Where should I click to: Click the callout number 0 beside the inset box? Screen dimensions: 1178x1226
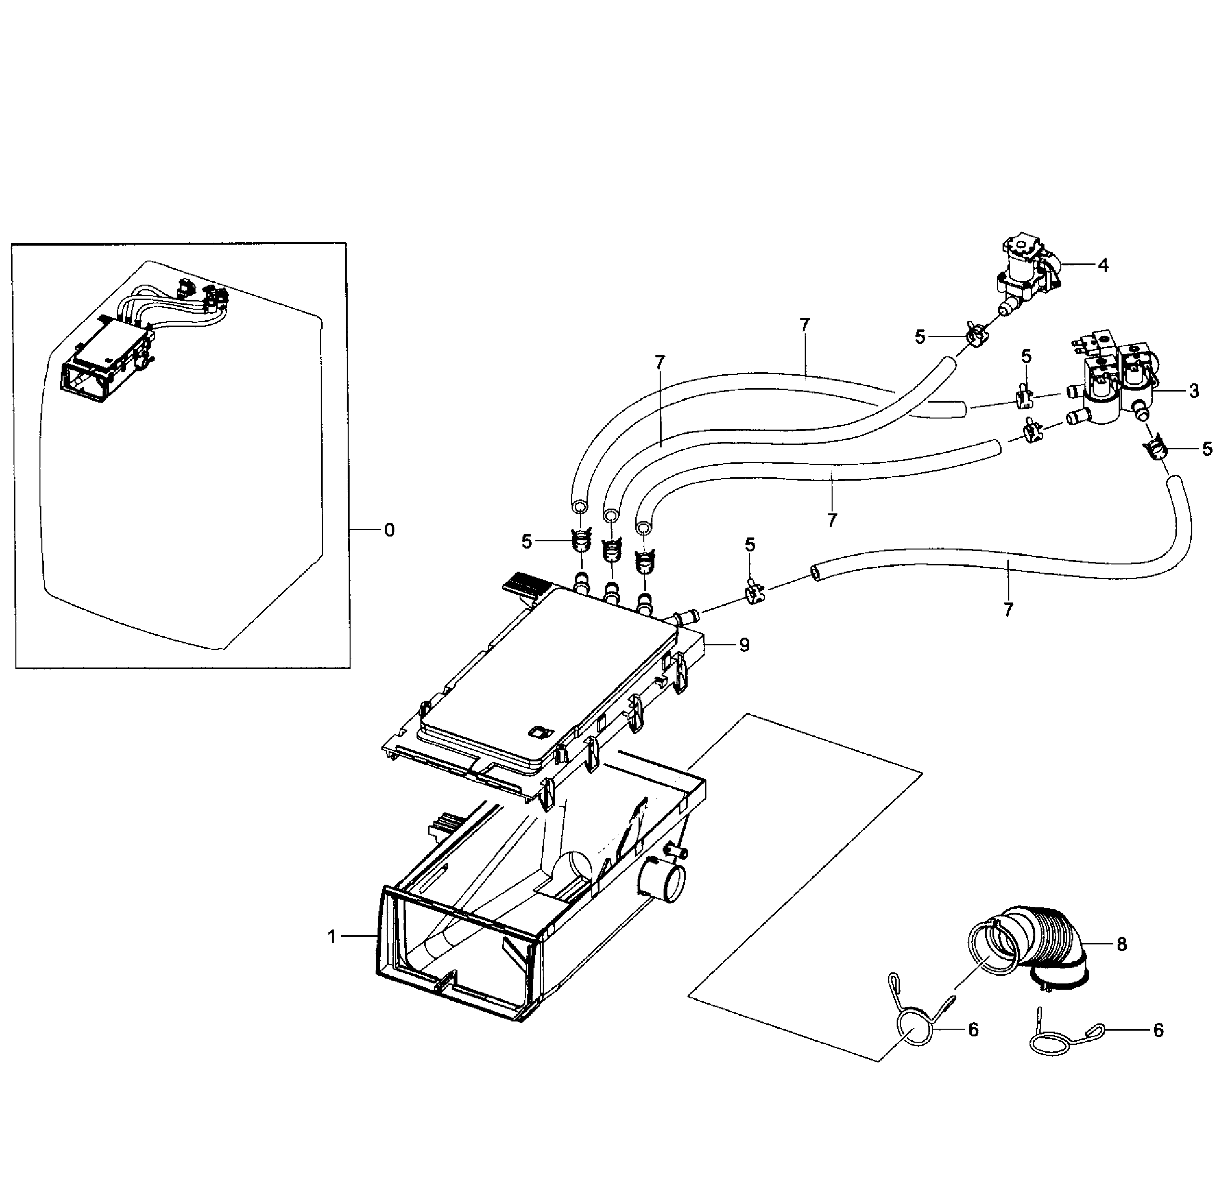coord(389,531)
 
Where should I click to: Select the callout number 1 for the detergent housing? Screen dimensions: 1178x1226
coord(331,937)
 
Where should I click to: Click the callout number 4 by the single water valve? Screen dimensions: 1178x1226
coord(1103,265)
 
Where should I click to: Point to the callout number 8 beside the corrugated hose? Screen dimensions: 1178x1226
coord(1122,944)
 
